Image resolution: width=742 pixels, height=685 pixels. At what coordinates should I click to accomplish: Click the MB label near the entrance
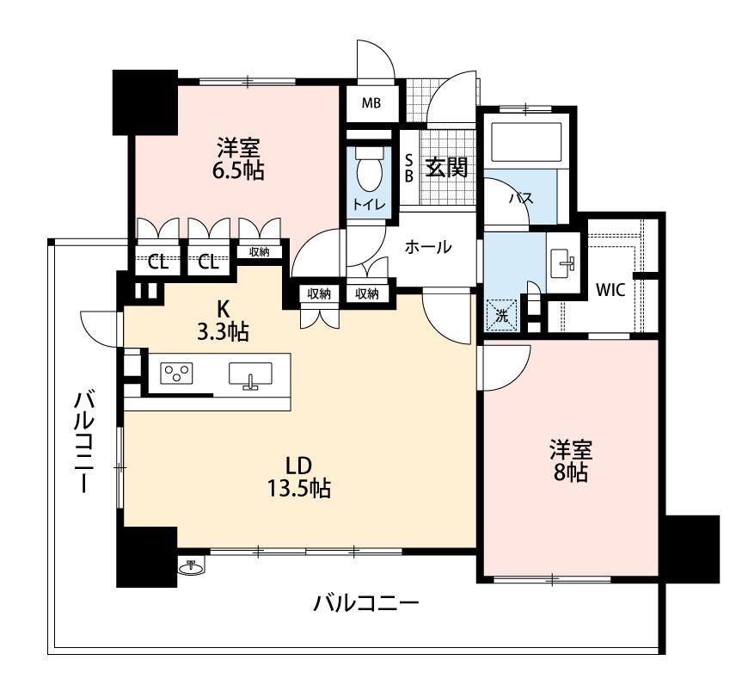(x=371, y=104)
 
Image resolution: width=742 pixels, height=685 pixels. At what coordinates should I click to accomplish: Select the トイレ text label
(x=370, y=204)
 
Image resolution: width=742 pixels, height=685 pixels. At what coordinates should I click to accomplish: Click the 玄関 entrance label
(x=446, y=167)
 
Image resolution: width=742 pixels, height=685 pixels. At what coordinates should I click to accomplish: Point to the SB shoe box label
(x=409, y=167)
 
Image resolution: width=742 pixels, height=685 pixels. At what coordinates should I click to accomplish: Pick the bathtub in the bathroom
(x=524, y=141)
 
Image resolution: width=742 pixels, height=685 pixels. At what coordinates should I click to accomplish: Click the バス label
(x=520, y=198)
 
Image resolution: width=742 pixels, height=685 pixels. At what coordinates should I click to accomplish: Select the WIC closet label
(x=610, y=289)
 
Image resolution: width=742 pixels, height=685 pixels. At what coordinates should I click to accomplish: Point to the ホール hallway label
(x=427, y=247)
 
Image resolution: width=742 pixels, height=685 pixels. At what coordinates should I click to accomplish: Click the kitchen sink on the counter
(x=250, y=375)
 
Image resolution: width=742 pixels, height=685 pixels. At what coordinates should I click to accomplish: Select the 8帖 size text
(x=571, y=472)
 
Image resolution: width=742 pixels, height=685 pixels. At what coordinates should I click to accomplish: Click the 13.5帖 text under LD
(x=298, y=489)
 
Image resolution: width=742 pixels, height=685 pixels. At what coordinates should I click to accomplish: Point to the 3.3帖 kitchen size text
(x=223, y=332)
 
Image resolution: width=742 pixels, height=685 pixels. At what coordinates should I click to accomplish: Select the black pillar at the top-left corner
(x=145, y=101)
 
